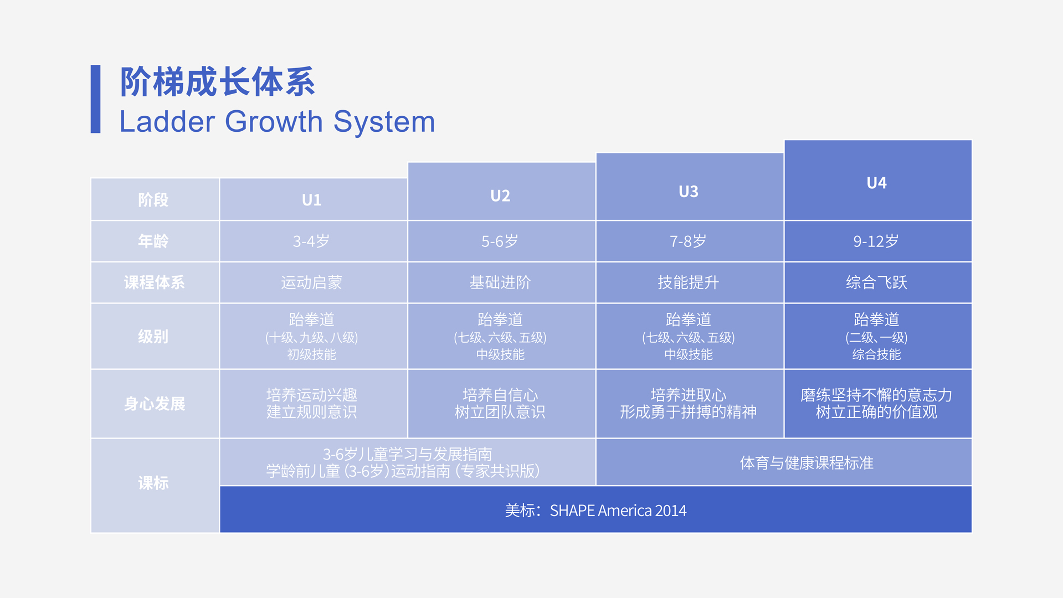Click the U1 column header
tap(311, 200)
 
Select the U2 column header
tap(500, 196)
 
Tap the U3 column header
tap(689, 192)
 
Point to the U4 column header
tap(876, 183)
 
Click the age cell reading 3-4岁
tap(311, 241)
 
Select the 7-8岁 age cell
tap(688, 241)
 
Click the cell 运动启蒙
tap(311, 282)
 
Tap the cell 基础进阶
tap(500, 282)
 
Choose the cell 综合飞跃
tap(876, 282)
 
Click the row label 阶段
tap(153, 200)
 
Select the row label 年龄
tap(153, 241)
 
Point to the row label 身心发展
tap(155, 404)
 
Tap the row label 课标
tap(153, 483)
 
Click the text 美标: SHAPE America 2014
tap(595, 511)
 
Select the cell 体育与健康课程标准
tap(807, 463)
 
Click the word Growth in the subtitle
tap(274, 122)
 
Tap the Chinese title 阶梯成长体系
tap(218, 82)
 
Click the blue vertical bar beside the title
tap(95, 99)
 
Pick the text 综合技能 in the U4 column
tap(876, 354)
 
